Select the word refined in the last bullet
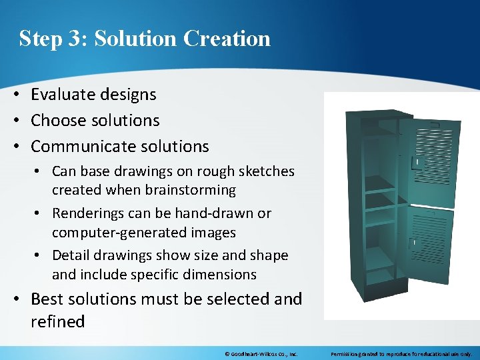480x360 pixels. (x=57, y=321)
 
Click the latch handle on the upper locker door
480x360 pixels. (x=417, y=162)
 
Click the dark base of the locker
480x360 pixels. (x=377, y=285)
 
